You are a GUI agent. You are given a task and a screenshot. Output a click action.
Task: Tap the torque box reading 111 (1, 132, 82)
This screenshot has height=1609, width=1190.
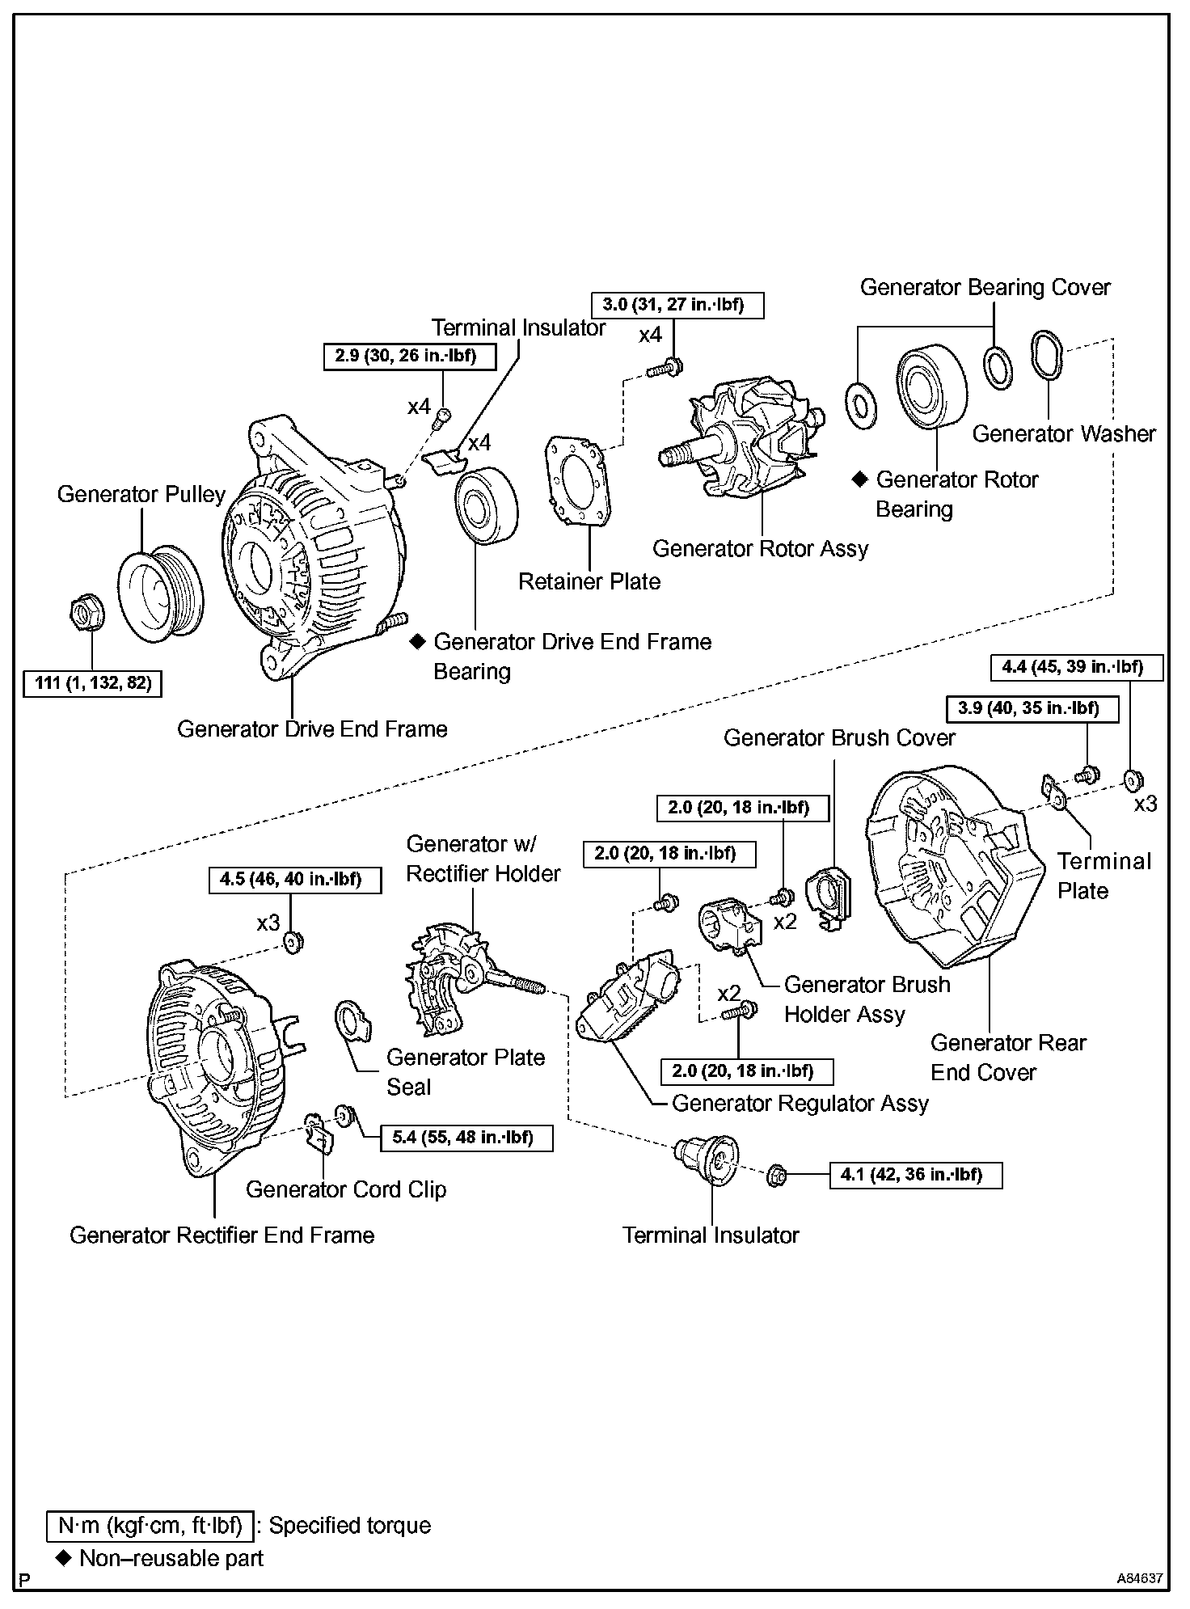93,683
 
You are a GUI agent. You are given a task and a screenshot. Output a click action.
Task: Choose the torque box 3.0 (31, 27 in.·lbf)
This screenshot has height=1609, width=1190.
677,305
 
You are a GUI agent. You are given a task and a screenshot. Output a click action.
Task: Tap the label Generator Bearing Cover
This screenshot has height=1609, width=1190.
985,287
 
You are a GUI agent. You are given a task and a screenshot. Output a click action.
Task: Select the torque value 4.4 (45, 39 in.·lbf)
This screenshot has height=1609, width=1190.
1077,667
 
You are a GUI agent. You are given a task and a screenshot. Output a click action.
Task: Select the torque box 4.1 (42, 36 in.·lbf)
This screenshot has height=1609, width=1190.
916,1175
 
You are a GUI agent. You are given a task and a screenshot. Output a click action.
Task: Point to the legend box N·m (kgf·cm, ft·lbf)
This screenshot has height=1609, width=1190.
150,1526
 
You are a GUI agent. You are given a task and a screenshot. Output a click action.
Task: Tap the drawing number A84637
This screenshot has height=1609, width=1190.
1139,1578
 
